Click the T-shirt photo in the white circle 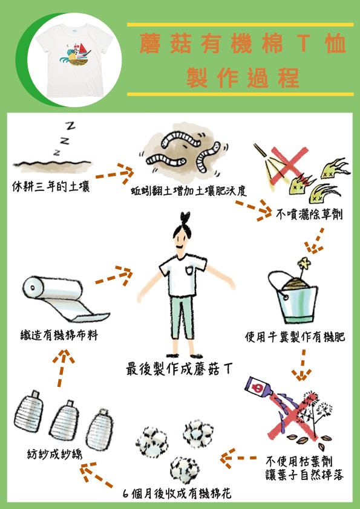click(75, 60)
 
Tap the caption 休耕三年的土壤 click(51, 187)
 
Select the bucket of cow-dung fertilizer click(292, 296)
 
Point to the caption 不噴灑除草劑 click(309, 214)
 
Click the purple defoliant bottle click(258, 387)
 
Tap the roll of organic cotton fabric click(65, 299)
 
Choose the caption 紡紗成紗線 click(54, 454)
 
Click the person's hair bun click(185, 217)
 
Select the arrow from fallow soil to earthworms click(114, 173)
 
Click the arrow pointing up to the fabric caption click(62, 368)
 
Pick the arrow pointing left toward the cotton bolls click(238, 458)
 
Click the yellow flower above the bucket click(304, 263)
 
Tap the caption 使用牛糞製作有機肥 click(295, 337)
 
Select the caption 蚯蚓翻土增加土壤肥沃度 click(189, 191)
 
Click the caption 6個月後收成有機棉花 click(177, 493)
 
